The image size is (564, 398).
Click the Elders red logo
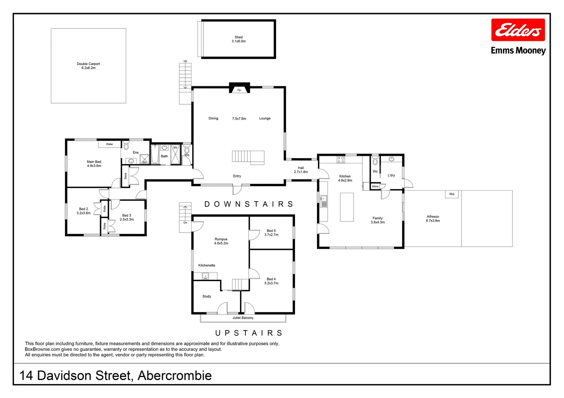[x=518, y=30]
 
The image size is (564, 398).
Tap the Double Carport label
[x=88, y=66]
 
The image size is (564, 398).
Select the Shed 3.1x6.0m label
[x=238, y=39]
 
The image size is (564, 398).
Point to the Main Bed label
[x=94, y=164]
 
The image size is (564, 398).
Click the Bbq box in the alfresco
[x=451, y=194]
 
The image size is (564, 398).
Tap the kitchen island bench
[x=347, y=207]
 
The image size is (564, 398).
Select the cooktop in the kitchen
[x=341, y=160]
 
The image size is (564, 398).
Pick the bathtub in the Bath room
[x=155, y=155]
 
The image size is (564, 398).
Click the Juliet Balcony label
[x=243, y=318]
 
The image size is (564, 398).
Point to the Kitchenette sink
[x=205, y=276]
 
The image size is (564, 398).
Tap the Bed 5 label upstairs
[x=271, y=233]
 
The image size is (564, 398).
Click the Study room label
[x=207, y=296]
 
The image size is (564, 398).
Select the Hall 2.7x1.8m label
[x=301, y=170]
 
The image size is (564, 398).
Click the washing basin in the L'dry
[x=391, y=159]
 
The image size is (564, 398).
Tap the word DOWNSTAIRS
[x=249, y=204]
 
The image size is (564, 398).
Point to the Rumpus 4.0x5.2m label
[x=221, y=241]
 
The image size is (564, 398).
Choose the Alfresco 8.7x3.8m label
[x=433, y=219]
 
